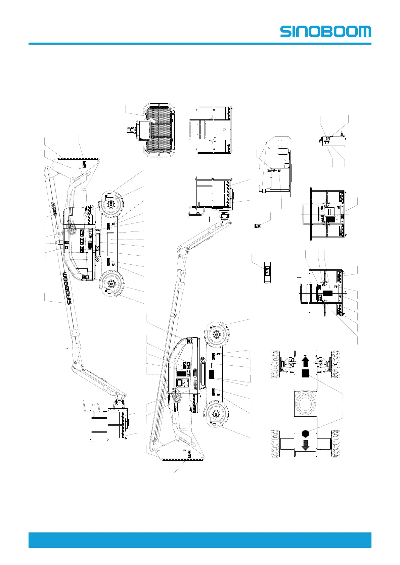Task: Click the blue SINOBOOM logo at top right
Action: click(325, 32)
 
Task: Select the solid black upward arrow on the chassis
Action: click(305, 362)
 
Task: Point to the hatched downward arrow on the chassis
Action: click(305, 445)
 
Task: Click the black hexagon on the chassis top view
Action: click(305, 433)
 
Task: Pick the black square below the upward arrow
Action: click(305, 373)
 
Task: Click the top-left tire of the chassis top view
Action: click(275, 364)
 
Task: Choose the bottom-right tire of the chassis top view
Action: click(336, 444)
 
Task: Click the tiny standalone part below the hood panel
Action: click(258, 225)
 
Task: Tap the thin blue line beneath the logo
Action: click(200, 44)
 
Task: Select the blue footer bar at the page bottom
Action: click(200, 540)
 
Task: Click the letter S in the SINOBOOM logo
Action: click(286, 32)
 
